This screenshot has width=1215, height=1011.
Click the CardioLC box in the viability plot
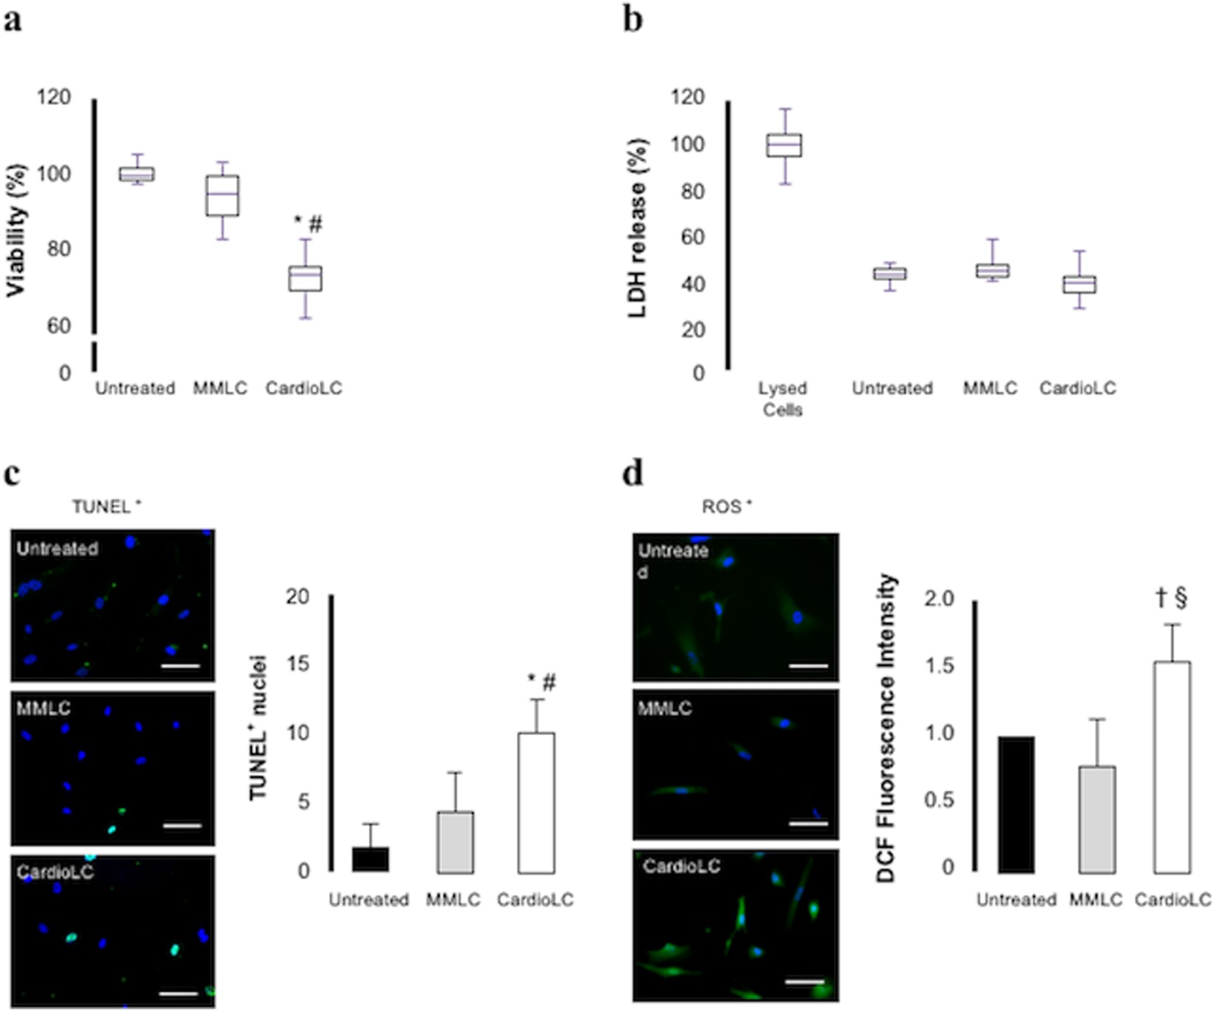305,279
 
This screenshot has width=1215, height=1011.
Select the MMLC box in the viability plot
222,196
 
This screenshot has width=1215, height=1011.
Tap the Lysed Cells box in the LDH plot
783,146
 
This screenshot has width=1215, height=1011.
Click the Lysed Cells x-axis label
783,398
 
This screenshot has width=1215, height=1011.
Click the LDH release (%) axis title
638,228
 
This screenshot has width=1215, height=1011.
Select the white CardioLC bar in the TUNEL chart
536,803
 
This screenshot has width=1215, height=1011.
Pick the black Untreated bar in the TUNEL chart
370,859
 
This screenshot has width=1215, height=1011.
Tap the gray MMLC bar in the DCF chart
1097,820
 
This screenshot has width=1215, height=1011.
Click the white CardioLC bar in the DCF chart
1172,767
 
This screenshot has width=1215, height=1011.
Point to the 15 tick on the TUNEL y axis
297,664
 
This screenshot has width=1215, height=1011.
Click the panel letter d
633,473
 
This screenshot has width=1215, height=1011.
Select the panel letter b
633,20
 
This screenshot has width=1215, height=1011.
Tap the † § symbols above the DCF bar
1172,599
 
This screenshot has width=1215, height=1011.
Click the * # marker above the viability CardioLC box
309,224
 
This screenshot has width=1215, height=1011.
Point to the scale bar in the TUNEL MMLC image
182,826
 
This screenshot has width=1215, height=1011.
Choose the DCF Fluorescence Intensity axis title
888,728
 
